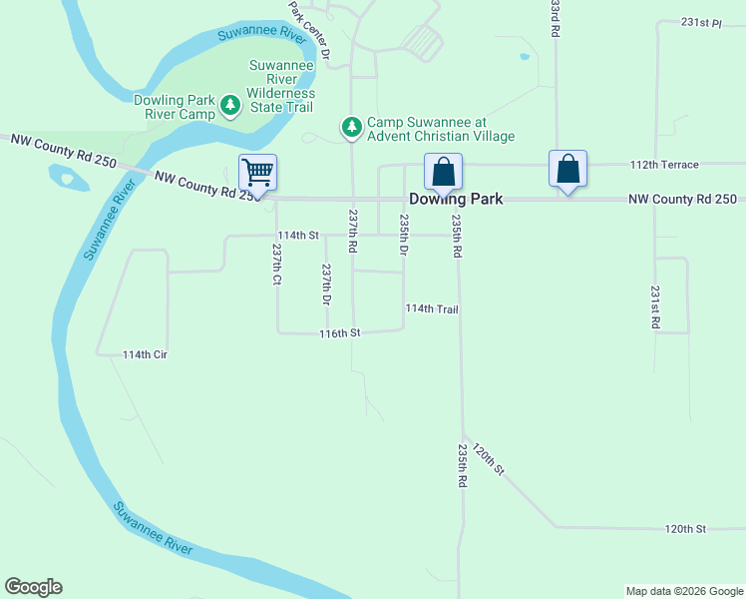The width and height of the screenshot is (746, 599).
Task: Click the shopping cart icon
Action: tap(257, 173)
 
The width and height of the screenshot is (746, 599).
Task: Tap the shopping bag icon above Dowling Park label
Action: tap(443, 171)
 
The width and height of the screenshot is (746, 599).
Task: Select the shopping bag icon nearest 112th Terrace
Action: tap(567, 168)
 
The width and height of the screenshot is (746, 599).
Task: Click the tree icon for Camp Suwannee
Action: tap(351, 128)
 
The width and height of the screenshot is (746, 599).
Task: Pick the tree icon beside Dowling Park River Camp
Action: tap(230, 106)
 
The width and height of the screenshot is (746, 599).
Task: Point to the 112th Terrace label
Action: tap(664, 165)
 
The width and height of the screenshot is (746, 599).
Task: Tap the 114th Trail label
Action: tap(432, 309)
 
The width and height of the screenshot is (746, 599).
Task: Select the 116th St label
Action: tap(339, 332)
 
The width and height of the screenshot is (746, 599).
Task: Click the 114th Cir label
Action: tap(144, 354)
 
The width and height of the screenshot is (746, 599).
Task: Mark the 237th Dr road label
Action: tap(326, 285)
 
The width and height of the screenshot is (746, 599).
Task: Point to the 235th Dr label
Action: tap(404, 236)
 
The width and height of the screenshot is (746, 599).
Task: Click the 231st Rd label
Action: tap(655, 307)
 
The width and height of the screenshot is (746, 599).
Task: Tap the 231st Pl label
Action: tap(701, 22)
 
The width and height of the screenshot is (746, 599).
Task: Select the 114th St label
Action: tap(297, 236)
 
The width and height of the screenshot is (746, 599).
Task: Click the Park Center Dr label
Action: tap(309, 27)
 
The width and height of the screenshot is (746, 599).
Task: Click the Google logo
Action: tap(33, 587)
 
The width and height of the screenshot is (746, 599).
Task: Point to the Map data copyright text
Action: tap(683, 591)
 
